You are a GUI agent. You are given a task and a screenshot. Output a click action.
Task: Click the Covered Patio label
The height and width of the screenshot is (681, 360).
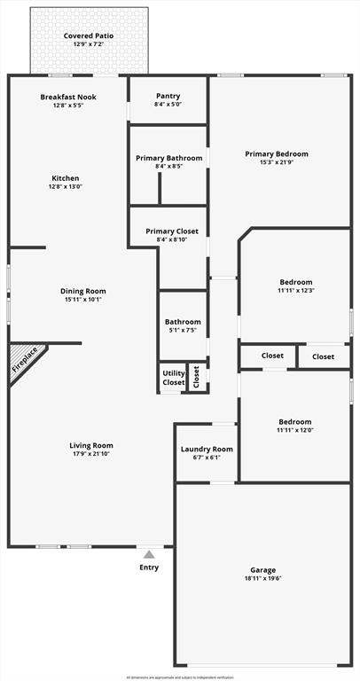tap(89, 35)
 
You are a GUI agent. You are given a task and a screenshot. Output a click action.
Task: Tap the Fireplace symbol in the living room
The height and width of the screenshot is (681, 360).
tap(24, 361)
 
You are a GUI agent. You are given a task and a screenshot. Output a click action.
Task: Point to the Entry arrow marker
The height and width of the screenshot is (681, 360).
tap(149, 554)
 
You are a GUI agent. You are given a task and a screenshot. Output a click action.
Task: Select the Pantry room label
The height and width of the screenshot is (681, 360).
tap(168, 96)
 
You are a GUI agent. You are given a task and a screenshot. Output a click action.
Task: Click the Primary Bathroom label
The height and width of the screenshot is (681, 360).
tap(168, 158)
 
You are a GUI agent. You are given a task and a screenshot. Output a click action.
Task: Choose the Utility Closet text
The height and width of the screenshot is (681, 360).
tap(173, 378)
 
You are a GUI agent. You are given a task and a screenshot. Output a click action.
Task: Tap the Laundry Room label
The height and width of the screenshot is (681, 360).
tap(207, 450)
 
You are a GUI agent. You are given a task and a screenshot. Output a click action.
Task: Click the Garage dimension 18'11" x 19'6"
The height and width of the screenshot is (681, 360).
tap(262, 579)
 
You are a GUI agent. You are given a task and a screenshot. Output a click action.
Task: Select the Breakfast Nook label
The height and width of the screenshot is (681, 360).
tap(68, 97)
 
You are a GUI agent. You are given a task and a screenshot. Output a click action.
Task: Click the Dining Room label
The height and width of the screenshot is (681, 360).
tap(82, 291)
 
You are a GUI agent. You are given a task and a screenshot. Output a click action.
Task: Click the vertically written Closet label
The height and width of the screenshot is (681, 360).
tap(197, 377)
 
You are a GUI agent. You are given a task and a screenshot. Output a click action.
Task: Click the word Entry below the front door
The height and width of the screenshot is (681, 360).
tap(149, 567)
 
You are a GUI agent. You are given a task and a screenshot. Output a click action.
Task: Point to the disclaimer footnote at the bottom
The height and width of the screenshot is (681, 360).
tap(180, 677)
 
